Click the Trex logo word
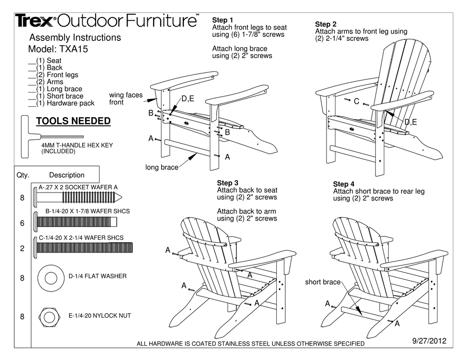click(35, 21)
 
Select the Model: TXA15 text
click(59, 49)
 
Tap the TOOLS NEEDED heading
click(73, 121)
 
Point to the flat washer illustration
click(50, 277)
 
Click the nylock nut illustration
click(49, 316)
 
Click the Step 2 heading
click(326, 24)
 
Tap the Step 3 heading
click(228, 183)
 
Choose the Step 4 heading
click(344, 184)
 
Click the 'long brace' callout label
click(162, 168)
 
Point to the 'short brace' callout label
click(322, 282)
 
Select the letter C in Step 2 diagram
click(357, 101)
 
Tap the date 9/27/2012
click(429, 340)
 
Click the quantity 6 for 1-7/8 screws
click(22, 223)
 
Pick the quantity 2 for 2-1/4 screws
click(22, 249)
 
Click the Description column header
click(67, 175)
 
